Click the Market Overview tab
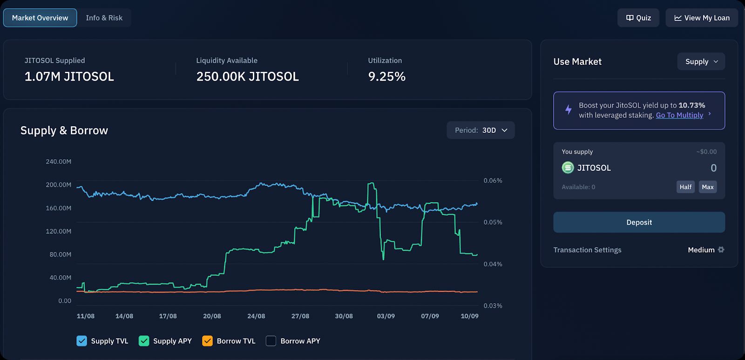pyautogui.click(x=40, y=18)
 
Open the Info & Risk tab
pyautogui.click(x=104, y=18)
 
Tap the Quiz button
pyautogui.click(x=638, y=18)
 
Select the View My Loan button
pyautogui.click(x=702, y=18)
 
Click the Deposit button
pyautogui.click(x=639, y=222)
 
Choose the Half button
pyautogui.click(x=685, y=187)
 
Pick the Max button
pyautogui.click(x=708, y=187)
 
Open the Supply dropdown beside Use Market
pyautogui.click(x=701, y=61)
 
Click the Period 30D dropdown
pyautogui.click(x=481, y=130)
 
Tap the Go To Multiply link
pyautogui.click(x=679, y=115)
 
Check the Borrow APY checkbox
pyautogui.click(x=271, y=341)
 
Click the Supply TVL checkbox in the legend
pyautogui.click(x=81, y=341)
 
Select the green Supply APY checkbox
pyautogui.click(x=144, y=341)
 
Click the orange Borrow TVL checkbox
pyautogui.click(x=207, y=341)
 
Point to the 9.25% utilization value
pyautogui.click(x=386, y=76)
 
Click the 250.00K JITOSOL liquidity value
pyautogui.click(x=247, y=76)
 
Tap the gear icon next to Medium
pyautogui.click(x=721, y=250)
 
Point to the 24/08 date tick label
pyautogui.click(x=256, y=316)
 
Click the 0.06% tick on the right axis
pyautogui.click(x=493, y=181)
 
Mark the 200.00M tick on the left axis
pyautogui.click(x=58, y=185)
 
